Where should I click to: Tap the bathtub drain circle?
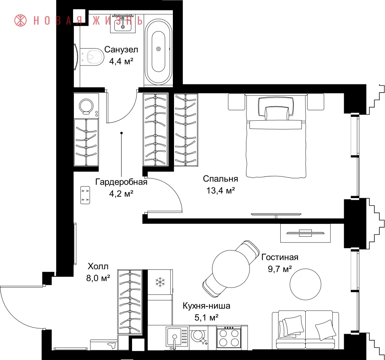[158, 49]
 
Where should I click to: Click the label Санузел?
[121, 49]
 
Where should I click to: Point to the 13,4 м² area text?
[221, 190]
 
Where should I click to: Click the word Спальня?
[221, 178]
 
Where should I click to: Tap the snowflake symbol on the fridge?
[160, 282]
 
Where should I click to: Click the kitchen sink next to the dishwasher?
[175, 338]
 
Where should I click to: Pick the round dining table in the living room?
[231, 269]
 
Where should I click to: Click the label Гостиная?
[280, 257]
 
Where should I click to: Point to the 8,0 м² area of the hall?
[98, 278]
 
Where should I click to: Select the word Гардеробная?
[121, 182]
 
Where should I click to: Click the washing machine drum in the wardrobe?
[86, 106]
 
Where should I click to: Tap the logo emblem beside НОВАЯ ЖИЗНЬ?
[20, 20]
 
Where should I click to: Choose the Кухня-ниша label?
[206, 306]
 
